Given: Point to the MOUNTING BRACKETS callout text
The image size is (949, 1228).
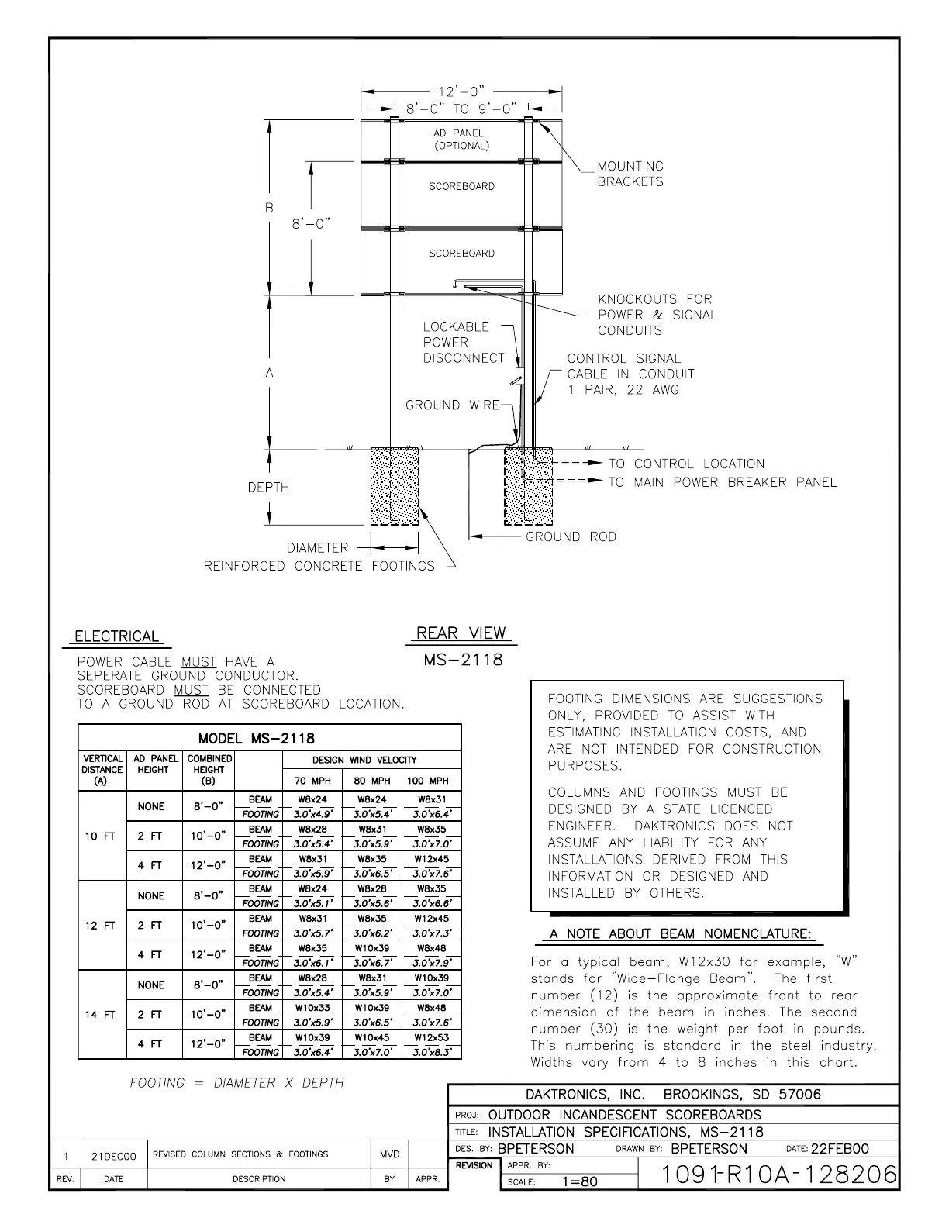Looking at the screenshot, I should [630, 174].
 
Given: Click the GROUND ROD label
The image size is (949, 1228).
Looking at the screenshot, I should [571, 536].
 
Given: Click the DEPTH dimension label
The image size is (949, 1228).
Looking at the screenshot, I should [268, 487].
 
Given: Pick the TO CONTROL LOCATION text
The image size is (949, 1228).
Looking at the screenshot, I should [686, 464].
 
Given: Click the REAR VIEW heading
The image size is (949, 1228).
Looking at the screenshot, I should [461, 633].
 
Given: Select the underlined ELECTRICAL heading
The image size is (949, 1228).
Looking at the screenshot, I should [116, 636].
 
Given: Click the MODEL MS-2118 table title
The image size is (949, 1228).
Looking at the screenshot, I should [257, 738].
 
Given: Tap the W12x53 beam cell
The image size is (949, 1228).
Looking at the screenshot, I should [431, 1037].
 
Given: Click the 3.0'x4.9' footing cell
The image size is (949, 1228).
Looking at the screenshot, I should [312, 814].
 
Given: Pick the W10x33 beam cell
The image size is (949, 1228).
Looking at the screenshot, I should [312, 1008].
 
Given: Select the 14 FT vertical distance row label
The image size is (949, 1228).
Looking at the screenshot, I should [100, 1014].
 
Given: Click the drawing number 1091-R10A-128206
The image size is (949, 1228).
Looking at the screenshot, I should [767, 1175].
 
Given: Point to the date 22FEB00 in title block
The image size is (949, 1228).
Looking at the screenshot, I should [840, 1149].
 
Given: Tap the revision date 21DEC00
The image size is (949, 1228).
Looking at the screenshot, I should [113, 1156].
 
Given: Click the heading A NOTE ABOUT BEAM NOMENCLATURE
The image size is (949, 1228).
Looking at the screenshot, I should [682, 933].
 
